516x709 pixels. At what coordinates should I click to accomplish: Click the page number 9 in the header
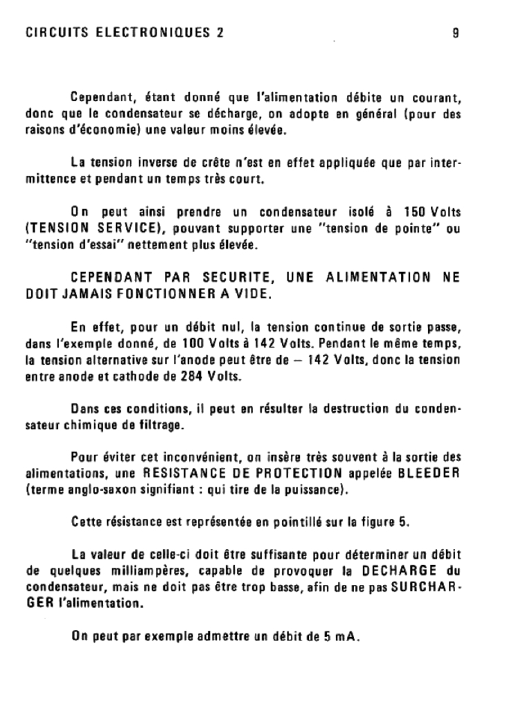[455, 33]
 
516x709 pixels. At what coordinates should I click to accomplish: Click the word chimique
[78, 425]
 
